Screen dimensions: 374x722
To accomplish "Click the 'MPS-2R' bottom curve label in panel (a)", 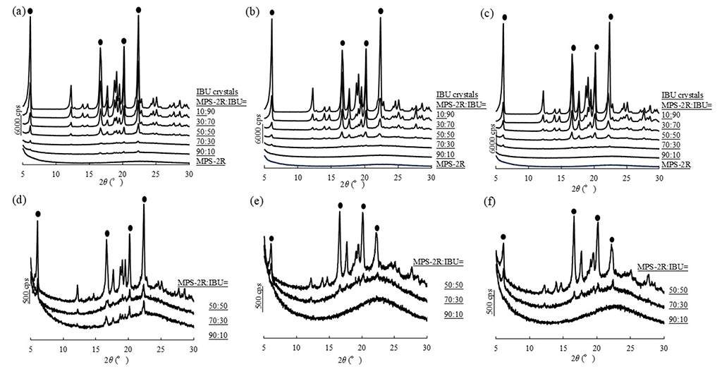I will pos(209,163).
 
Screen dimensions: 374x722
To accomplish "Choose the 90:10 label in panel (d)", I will pos(219,327).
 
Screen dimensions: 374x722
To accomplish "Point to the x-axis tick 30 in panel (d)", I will pos(193,349).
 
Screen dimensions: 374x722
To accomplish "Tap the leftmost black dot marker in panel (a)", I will pos(30,11).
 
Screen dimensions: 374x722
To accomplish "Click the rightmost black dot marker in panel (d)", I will pos(145,200).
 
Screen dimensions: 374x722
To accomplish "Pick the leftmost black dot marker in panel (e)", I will pos(271,238).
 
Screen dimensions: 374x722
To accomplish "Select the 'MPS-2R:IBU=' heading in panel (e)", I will pos(438,262).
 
